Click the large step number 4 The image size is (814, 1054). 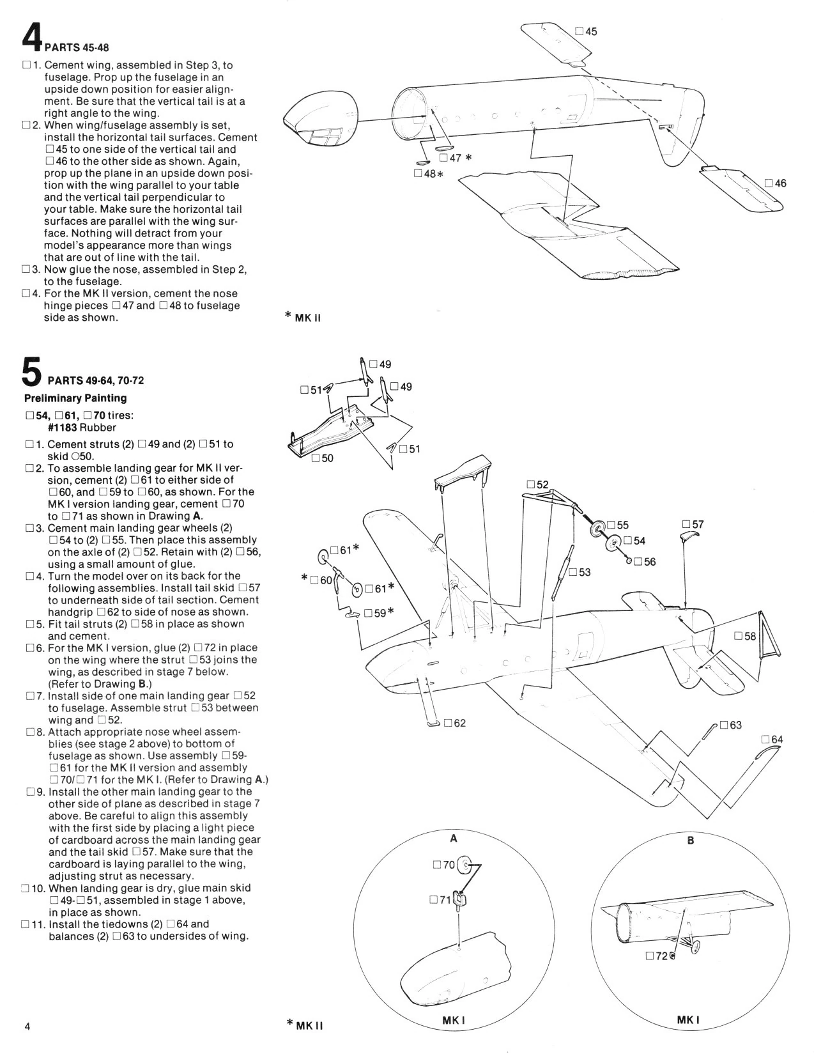tap(31, 37)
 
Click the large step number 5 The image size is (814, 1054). tap(32, 371)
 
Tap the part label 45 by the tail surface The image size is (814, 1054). tap(591, 31)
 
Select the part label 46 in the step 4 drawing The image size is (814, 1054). tap(780, 183)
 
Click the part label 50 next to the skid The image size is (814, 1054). tap(326, 458)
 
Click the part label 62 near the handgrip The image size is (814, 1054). tap(459, 723)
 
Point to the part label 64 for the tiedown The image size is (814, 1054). tap(776, 740)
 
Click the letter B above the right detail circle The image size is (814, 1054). tap(690, 841)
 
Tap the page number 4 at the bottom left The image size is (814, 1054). tap(27, 1027)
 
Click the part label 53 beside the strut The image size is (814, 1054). tap(584, 572)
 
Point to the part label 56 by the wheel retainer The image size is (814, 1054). tap(649, 562)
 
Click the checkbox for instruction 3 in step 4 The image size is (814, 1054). tap(26, 270)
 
